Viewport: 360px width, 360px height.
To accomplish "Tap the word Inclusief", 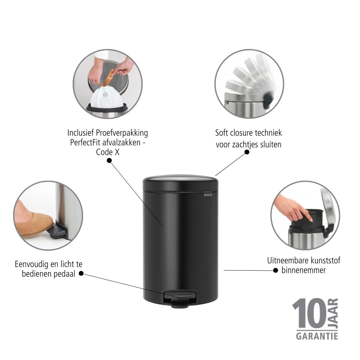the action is tap(80, 133).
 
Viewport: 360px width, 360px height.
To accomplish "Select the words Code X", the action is tap(108, 152).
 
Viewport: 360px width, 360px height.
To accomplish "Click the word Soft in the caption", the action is tap(221, 133).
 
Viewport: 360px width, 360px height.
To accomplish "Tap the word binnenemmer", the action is tap(304, 270).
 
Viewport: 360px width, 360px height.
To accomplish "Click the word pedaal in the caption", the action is tap(65, 274).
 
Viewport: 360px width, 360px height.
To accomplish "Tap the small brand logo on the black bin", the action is tap(208, 195).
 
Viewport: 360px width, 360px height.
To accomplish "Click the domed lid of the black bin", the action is tap(180, 183).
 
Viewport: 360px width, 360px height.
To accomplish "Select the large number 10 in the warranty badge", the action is tap(309, 314).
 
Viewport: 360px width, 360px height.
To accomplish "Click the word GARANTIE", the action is tap(317, 336).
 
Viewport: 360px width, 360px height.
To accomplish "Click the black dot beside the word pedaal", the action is tap(81, 273).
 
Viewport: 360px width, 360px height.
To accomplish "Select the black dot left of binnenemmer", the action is tap(276, 270).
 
